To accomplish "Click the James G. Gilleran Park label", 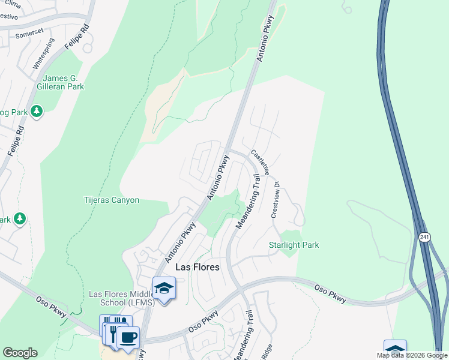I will [x=63, y=82].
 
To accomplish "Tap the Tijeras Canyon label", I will [x=111, y=200].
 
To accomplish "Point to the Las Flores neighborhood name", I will [x=197, y=267].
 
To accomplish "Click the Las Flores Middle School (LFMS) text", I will [x=122, y=298].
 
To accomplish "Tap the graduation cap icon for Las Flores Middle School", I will [x=164, y=288].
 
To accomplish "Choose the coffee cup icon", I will [x=128, y=337].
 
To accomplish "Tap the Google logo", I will [x=20, y=353].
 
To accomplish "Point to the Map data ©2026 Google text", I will [x=412, y=355].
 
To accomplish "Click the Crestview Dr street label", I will [x=276, y=201].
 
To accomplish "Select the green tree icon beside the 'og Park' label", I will [x=37, y=112].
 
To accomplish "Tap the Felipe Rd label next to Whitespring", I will [x=77, y=38].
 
